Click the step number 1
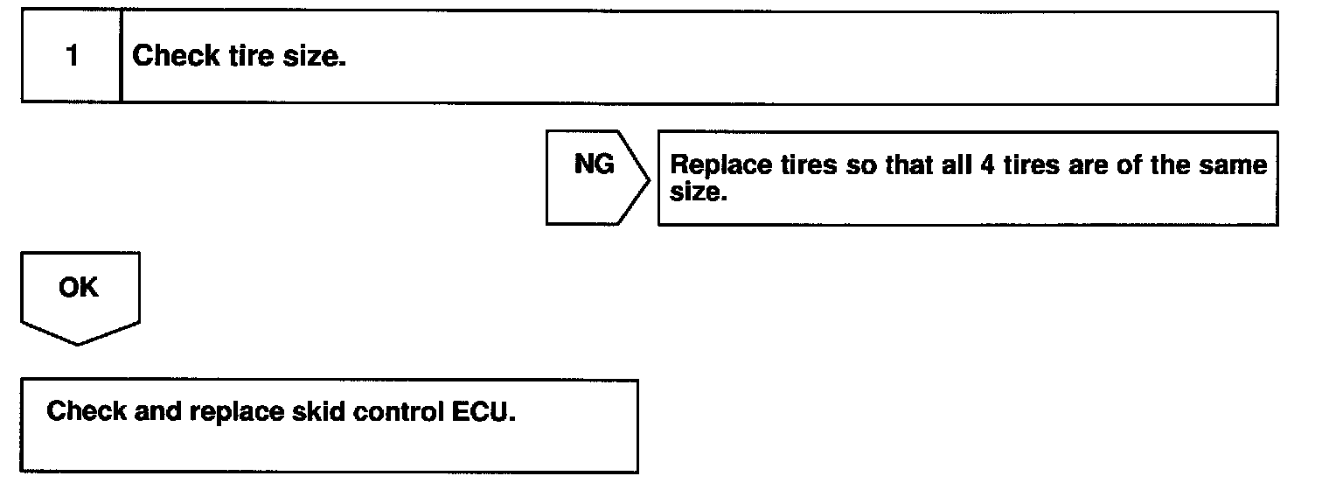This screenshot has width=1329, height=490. click(x=72, y=57)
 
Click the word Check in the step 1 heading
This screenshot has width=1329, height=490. click(x=175, y=57)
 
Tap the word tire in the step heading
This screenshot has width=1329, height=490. click(x=253, y=57)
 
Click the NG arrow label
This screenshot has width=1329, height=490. click(x=595, y=164)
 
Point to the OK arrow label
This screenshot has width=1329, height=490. click(x=79, y=288)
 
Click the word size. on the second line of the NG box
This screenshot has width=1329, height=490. click(x=699, y=192)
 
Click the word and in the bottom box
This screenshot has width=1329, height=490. click(x=157, y=411)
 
